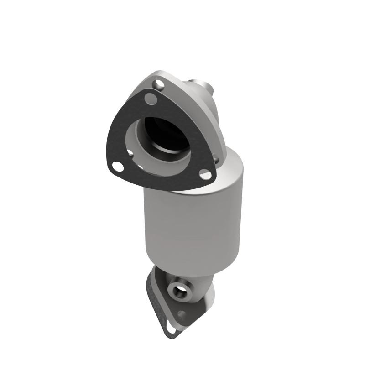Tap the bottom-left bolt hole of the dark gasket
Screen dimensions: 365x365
pyautogui.click(x=118, y=167)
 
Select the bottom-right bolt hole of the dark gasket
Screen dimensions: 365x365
pyautogui.click(x=205, y=175)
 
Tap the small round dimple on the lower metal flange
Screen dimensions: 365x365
pyautogui.click(x=182, y=314)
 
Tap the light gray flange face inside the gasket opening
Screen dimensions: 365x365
pyautogui.click(x=137, y=146)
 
